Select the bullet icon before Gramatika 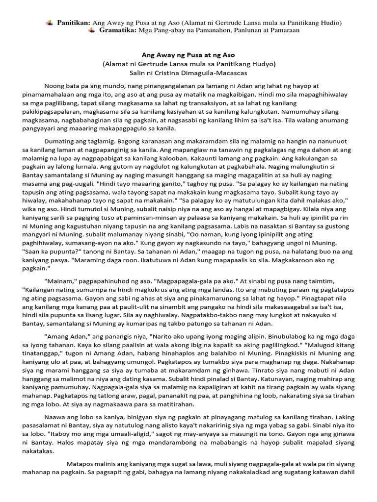pos(92,30)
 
